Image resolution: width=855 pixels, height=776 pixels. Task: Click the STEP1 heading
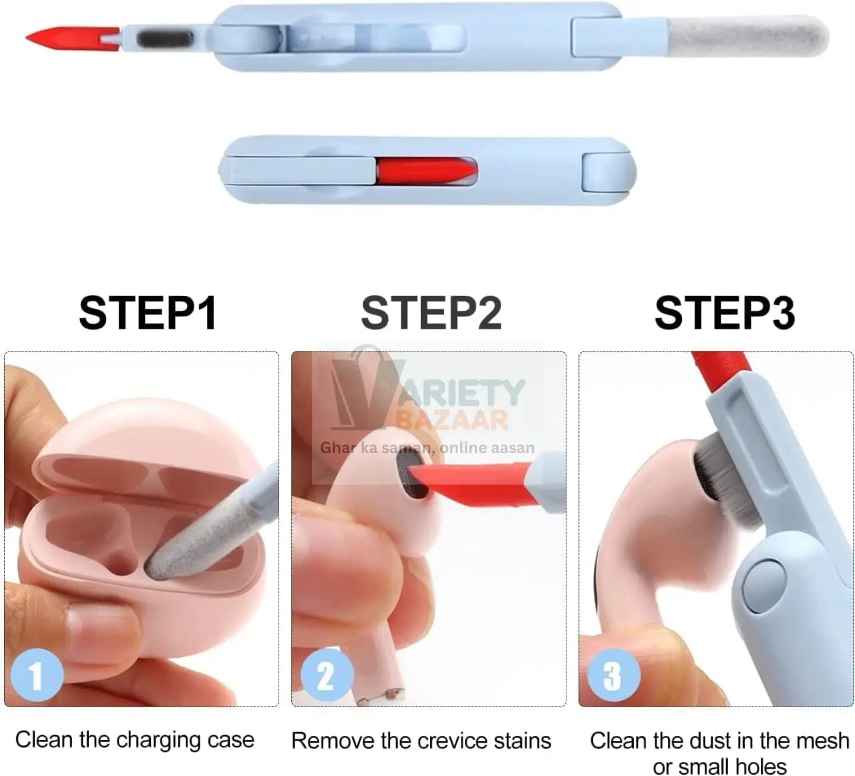coord(148,312)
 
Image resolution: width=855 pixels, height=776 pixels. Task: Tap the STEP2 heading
coord(431,312)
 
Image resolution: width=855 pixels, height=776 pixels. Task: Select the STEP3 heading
coord(724,312)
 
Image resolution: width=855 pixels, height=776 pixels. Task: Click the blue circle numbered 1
coord(37,675)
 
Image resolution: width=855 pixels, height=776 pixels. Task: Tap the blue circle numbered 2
coord(326,675)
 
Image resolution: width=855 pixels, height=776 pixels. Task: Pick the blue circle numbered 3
coord(613,675)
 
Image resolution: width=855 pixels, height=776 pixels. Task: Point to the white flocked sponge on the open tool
coord(748,36)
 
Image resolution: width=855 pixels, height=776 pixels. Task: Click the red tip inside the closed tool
coord(424,171)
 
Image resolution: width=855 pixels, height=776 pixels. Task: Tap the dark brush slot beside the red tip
coord(165,38)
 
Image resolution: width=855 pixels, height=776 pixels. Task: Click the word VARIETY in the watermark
coord(461,392)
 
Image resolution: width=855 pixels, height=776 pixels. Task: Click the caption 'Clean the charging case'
coord(134,740)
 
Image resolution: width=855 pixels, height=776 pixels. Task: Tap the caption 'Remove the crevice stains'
coord(421,741)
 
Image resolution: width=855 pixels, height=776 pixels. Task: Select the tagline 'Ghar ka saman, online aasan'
coord(427,448)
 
